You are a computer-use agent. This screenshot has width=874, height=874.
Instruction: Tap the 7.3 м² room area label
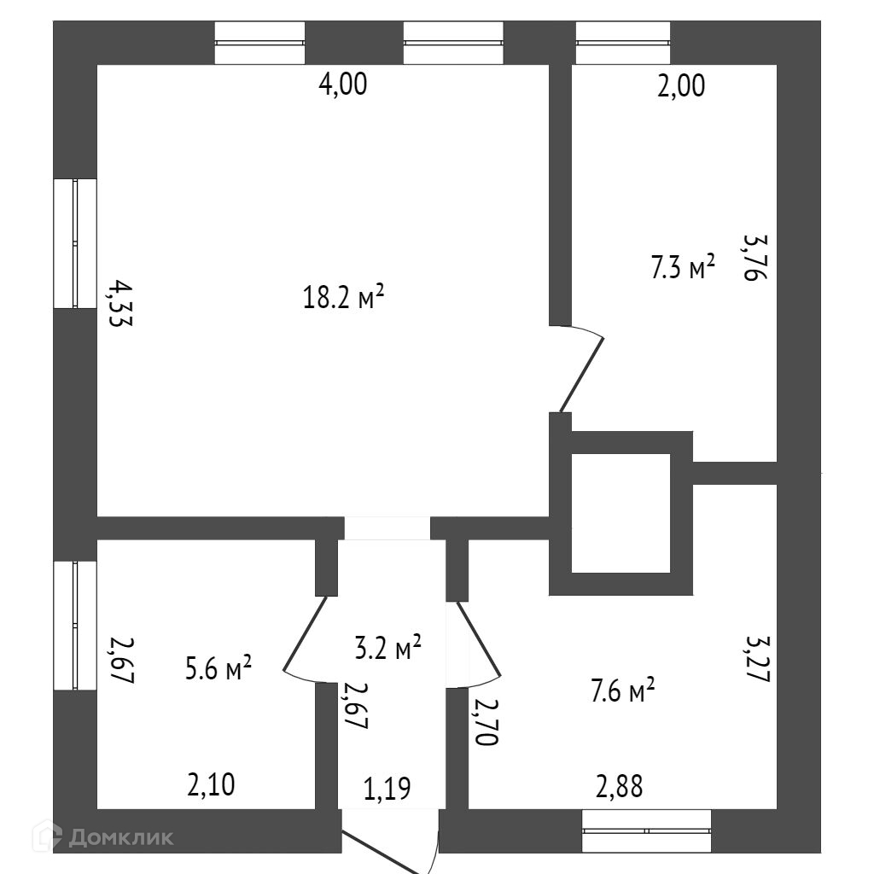tap(682, 269)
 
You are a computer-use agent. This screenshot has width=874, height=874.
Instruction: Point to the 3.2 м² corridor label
tap(388, 648)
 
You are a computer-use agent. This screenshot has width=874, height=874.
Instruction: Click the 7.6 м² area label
tap(621, 689)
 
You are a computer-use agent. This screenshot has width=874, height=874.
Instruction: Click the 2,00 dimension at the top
tap(680, 85)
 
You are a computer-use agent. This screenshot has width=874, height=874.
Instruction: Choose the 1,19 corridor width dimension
tap(387, 788)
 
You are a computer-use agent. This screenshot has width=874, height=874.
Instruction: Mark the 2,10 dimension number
tap(210, 783)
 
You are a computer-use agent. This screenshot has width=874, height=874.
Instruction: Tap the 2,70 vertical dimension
tap(484, 721)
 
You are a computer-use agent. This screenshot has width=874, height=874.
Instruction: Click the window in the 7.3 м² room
tap(622, 44)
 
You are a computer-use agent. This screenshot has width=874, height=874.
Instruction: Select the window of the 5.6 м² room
tap(75, 625)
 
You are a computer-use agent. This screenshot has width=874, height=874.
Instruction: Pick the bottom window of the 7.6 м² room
tap(646, 830)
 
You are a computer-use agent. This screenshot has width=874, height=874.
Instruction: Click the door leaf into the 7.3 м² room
tap(582, 374)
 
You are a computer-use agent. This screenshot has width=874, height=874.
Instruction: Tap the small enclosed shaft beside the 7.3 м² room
tap(621, 513)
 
